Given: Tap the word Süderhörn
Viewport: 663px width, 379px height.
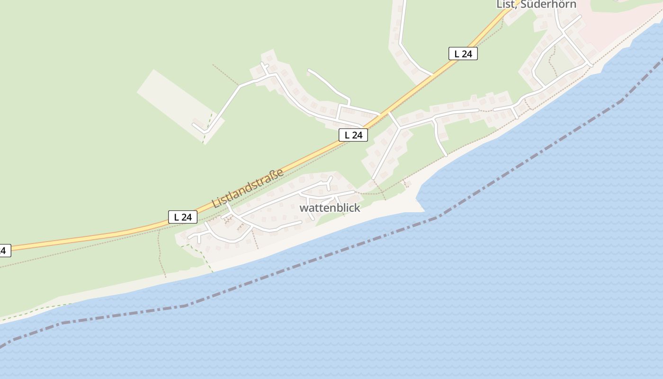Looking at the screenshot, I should [x=549, y=4].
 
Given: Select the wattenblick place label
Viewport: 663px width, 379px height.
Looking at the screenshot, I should [x=330, y=208].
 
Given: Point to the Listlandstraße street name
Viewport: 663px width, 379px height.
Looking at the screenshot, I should [x=248, y=188].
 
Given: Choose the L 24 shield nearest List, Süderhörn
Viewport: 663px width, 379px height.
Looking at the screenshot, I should [x=463, y=54].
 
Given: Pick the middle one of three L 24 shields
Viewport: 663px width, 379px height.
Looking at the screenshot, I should [x=353, y=135].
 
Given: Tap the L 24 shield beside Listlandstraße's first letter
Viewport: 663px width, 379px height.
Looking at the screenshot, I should [x=182, y=217].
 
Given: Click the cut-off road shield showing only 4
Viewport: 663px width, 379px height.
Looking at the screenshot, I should [x=4, y=251].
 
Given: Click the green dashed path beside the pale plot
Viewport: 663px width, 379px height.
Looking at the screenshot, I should [x=207, y=128].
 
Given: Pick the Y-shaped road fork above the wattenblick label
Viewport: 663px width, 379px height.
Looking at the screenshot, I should [x=329, y=181].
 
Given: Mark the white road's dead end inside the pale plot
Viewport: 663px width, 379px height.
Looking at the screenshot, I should [x=194, y=125].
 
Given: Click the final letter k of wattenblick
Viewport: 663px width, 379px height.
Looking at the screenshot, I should [x=357, y=208].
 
